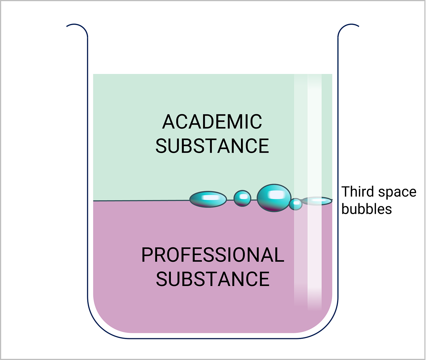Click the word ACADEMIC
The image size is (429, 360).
click(212, 121)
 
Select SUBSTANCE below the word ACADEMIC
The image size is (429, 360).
click(212, 146)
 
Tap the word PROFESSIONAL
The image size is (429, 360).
click(213, 255)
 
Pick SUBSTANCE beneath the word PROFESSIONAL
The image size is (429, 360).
click(213, 279)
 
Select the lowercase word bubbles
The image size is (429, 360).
click(367, 209)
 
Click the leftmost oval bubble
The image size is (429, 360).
click(208, 199)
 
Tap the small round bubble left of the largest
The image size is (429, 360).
click(242, 198)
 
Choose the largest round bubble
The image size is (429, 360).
click(274, 198)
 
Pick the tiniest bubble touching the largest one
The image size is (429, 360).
click(296, 204)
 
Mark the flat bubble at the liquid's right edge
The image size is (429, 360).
click(317, 201)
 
